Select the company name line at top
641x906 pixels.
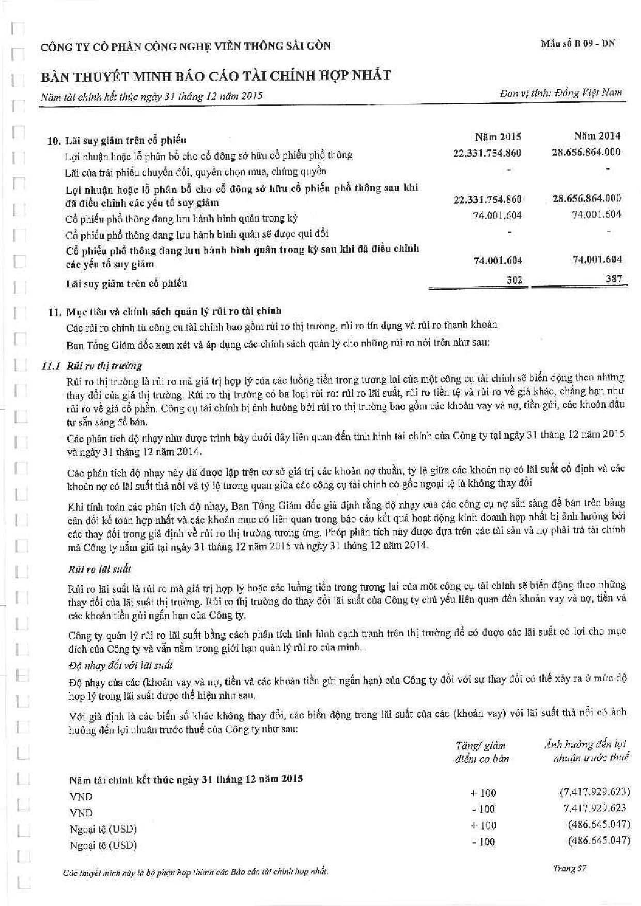point(186,47)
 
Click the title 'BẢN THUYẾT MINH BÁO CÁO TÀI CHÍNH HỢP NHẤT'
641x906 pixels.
point(216,76)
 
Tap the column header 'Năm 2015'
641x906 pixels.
point(497,137)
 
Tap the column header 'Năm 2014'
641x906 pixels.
point(597,136)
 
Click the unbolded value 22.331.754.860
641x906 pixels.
point(487,153)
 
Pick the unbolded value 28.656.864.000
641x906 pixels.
point(586,152)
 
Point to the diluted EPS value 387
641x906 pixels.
point(614,279)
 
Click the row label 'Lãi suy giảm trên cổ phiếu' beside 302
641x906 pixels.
point(127,283)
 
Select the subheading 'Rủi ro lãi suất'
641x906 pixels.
point(99,569)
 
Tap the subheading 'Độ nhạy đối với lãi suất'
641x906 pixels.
point(120,665)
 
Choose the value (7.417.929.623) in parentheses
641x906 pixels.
point(594,792)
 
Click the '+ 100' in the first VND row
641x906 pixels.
point(483,793)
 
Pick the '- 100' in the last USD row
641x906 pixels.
point(483,841)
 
